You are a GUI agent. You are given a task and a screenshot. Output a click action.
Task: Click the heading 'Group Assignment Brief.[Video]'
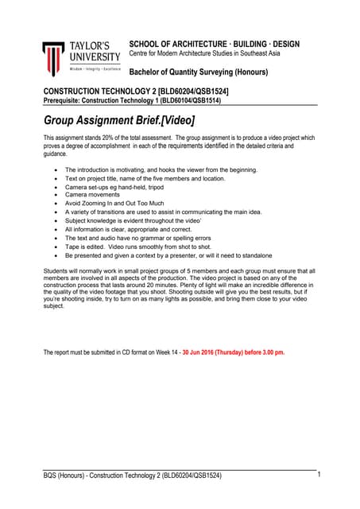[118, 121]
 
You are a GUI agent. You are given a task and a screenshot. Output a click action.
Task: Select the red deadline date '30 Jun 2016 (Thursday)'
[210, 351]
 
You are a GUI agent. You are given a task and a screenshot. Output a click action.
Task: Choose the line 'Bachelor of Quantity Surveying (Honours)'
[199, 73]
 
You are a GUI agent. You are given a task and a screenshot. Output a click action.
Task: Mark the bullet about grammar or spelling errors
[137, 238]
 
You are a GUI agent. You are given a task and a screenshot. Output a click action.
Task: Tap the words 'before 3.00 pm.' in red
[259, 351]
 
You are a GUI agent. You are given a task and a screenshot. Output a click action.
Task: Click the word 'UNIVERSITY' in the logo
[95, 57]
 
